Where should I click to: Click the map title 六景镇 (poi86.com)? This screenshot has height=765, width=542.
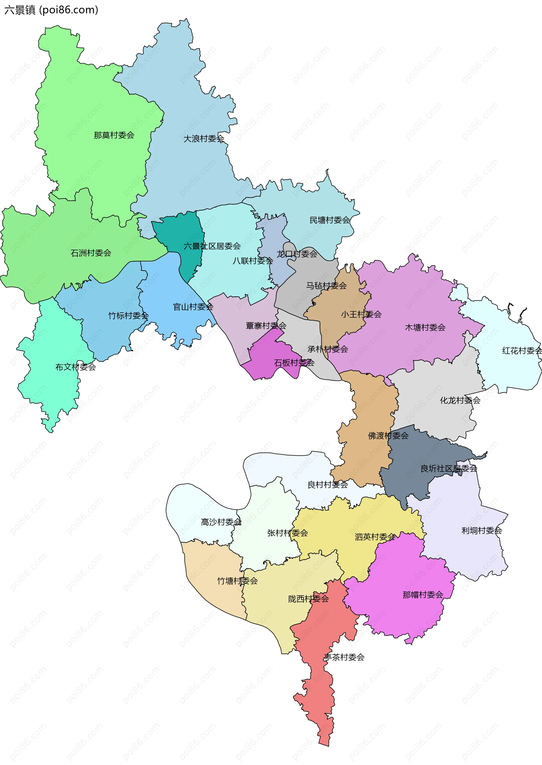pos(51,10)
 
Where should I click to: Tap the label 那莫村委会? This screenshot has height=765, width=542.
pos(114,135)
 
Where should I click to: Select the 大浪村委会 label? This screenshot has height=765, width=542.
pos(204,139)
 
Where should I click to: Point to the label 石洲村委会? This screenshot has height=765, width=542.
pos(91,253)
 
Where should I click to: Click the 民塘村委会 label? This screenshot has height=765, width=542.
pos(329,220)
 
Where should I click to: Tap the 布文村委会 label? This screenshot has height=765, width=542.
pos(75,367)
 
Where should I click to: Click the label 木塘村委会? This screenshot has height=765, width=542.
pos(425,328)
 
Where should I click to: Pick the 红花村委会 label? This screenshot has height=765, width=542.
pos(522,351)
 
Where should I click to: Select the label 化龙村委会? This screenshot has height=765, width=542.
pos(460,400)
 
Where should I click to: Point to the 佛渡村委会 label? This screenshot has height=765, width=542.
pos(388,436)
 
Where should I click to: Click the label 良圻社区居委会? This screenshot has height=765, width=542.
pos(449,469)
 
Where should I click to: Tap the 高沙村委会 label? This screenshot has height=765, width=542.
pos(221,522)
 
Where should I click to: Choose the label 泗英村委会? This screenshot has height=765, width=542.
pos(375,537)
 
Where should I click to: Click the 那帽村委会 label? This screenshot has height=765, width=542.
pos(423,595)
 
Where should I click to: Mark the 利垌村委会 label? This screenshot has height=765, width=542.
pos(481,531)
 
